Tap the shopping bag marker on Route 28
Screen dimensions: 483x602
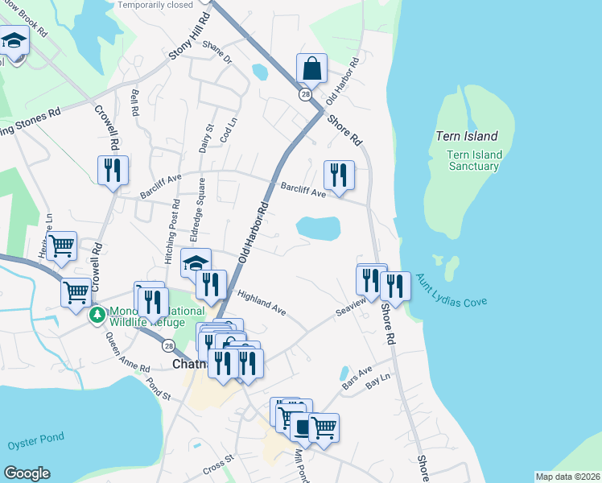(x=311, y=69)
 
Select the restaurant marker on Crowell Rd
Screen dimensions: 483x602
(x=113, y=171)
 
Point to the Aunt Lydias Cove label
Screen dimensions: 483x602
(x=451, y=291)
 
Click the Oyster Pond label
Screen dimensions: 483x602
(x=35, y=444)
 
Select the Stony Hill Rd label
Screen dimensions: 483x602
(x=184, y=43)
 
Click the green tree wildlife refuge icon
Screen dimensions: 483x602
(x=97, y=314)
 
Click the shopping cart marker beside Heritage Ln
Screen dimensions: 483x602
(x=60, y=246)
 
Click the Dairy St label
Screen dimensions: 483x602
(x=208, y=138)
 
